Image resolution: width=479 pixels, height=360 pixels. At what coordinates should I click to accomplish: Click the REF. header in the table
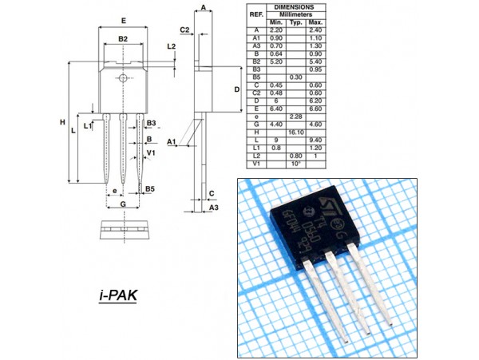click(256, 14)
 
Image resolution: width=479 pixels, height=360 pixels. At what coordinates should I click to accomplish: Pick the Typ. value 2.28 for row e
click(296, 117)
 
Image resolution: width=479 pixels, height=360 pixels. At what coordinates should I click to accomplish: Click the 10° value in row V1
click(296, 162)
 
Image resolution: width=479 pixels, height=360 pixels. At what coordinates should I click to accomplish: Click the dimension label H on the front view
click(61, 122)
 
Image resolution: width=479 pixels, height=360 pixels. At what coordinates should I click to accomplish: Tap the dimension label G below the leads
click(123, 205)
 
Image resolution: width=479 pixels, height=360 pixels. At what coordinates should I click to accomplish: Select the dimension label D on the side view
click(237, 89)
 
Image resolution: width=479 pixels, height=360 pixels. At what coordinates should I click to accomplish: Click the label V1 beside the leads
click(151, 152)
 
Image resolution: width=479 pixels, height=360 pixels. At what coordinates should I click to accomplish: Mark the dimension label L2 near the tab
click(171, 46)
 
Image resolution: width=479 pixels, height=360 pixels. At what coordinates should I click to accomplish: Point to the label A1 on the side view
click(171, 140)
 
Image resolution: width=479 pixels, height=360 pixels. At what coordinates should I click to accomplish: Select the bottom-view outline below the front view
click(123, 229)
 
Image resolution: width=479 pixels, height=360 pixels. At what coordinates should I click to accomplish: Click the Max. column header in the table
click(316, 22)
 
